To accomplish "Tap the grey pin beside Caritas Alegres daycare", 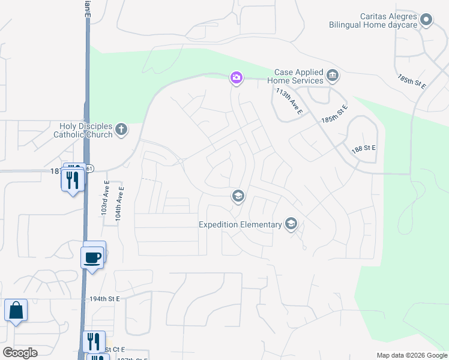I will [x=426, y=20].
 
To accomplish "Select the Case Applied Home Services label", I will [x=299, y=76].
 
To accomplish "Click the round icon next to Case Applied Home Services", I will [x=333, y=76].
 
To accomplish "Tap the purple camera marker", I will [x=237, y=77].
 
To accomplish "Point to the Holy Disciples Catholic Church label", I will [x=86, y=130].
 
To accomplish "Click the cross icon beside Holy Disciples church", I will [x=121, y=129].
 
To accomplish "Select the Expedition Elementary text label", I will [x=240, y=225].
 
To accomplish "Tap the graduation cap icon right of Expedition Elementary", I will [x=291, y=224].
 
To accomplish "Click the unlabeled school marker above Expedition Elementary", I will [x=238, y=196].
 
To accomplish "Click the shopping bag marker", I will [x=16, y=311].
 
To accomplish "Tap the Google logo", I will [x=20, y=353].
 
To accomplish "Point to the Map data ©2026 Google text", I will [x=411, y=355].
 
